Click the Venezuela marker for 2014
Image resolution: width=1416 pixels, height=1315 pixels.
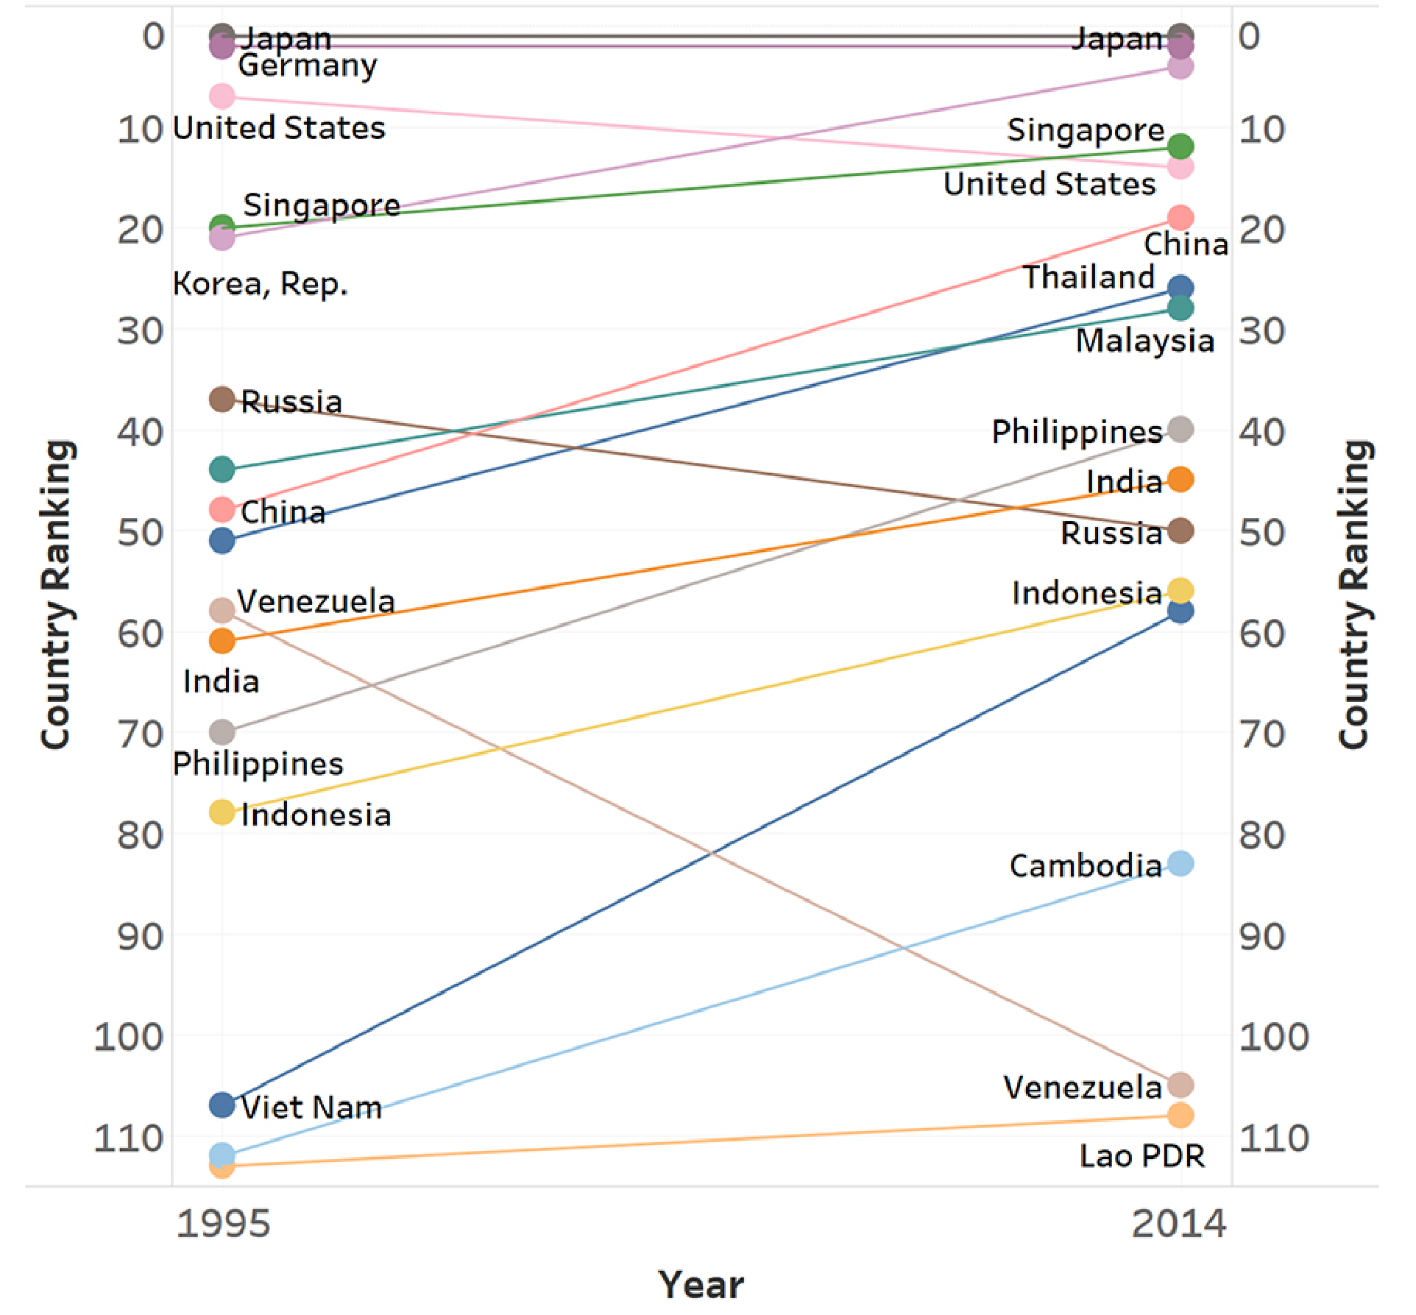coord(1180,1085)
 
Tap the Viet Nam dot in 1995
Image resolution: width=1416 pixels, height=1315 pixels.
coord(222,1104)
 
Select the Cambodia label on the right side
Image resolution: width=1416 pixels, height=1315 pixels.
coord(1085,865)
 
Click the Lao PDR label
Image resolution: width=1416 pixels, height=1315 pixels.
coord(1141,1155)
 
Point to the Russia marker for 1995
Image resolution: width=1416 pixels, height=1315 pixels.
coord(222,399)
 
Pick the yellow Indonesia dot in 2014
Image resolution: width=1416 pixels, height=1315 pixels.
coord(1180,590)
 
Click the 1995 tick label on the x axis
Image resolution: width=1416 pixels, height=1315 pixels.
coord(223,1224)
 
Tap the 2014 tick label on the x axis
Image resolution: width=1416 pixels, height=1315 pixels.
coord(1178,1224)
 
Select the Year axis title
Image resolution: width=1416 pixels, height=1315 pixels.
coord(701,1285)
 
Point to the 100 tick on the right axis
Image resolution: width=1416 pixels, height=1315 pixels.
coord(1273,1037)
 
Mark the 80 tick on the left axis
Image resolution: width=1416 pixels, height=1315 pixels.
coord(140,835)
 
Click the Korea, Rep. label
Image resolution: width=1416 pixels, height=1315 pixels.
coord(260,283)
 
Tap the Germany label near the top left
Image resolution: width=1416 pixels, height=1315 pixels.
coord(307,65)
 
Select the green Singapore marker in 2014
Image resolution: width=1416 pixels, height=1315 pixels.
coord(1180,146)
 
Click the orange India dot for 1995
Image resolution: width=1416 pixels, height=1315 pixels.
coord(222,640)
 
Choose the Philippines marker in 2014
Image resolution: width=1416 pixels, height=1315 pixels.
coord(1180,429)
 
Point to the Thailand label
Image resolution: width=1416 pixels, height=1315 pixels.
coord(1088,277)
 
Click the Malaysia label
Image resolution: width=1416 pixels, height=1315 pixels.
coord(1144,341)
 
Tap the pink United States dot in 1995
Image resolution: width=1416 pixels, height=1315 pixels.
coord(222,96)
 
